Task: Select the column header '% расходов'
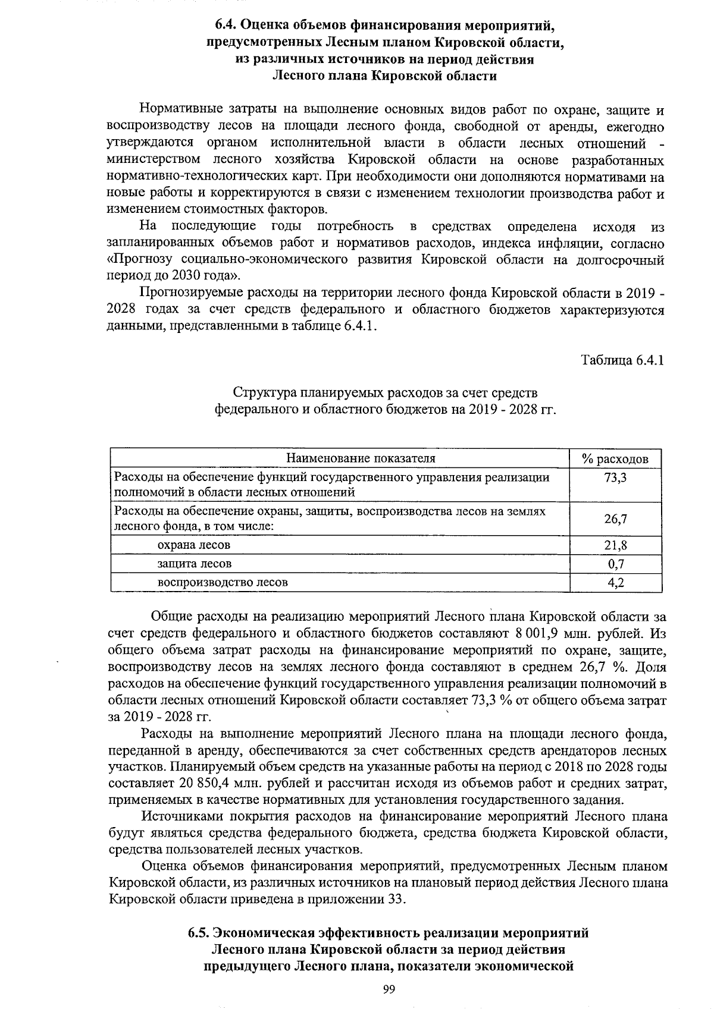point(615,459)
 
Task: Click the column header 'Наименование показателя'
point(361,458)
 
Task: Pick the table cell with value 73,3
point(615,477)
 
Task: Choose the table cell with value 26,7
point(615,519)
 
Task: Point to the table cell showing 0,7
point(615,564)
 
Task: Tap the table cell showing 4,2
point(615,583)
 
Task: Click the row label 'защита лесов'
point(194,564)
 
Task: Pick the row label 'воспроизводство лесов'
point(223,583)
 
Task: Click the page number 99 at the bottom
point(389,989)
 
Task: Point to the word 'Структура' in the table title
point(259,394)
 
